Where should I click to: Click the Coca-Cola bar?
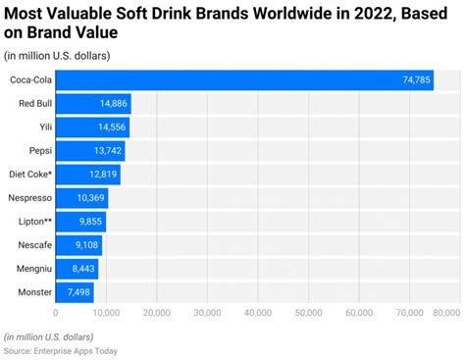click(244, 80)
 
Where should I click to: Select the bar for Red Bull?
click(93, 104)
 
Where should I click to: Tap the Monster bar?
click(75, 291)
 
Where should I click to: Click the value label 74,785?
click(411, 80)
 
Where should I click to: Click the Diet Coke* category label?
click(30, 175)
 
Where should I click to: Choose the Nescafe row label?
click(33, 245)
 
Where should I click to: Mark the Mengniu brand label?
click(32, 268)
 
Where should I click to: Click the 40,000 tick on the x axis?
click(258, 314)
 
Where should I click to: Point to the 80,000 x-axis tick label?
click(443, 314)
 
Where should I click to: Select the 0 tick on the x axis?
click(56, 314)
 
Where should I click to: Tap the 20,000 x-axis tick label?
click(157, 314)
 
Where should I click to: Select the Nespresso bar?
click(81, 198)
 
